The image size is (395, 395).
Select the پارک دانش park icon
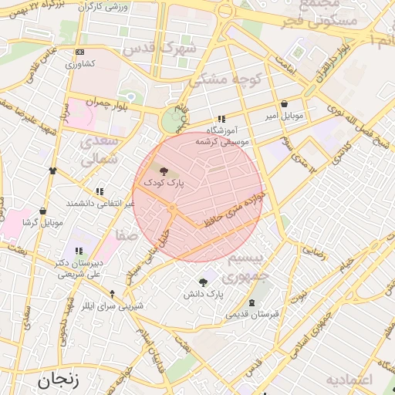pos(203,282)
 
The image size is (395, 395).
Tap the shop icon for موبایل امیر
pos(285,103)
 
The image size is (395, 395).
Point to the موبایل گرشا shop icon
pos(42,211)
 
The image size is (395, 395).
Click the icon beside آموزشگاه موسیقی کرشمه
pos(222,120)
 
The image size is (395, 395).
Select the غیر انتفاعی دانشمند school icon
pos(99,191)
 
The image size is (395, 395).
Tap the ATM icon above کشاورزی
pos(80,52)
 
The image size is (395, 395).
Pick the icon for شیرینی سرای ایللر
pos(113,294)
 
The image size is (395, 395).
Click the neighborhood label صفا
pos(127,233)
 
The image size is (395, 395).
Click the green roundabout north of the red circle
pos(170,121)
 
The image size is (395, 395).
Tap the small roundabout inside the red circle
pos(172,209)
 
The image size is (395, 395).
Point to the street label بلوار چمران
pos(104,102)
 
